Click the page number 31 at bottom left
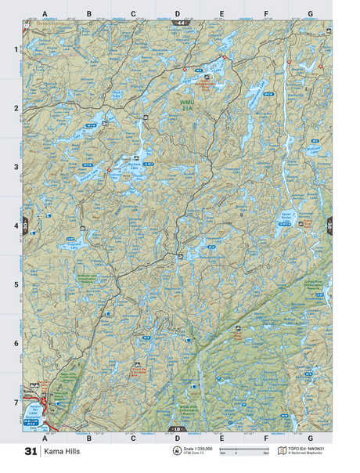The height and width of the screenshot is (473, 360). coord(31,452)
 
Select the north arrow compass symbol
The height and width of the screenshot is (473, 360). coord(177,452)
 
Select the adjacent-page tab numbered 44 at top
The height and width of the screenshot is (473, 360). coord(180,25)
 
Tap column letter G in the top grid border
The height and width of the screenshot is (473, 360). coord(311,14)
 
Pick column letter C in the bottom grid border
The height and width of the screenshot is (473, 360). coord(133,438)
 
